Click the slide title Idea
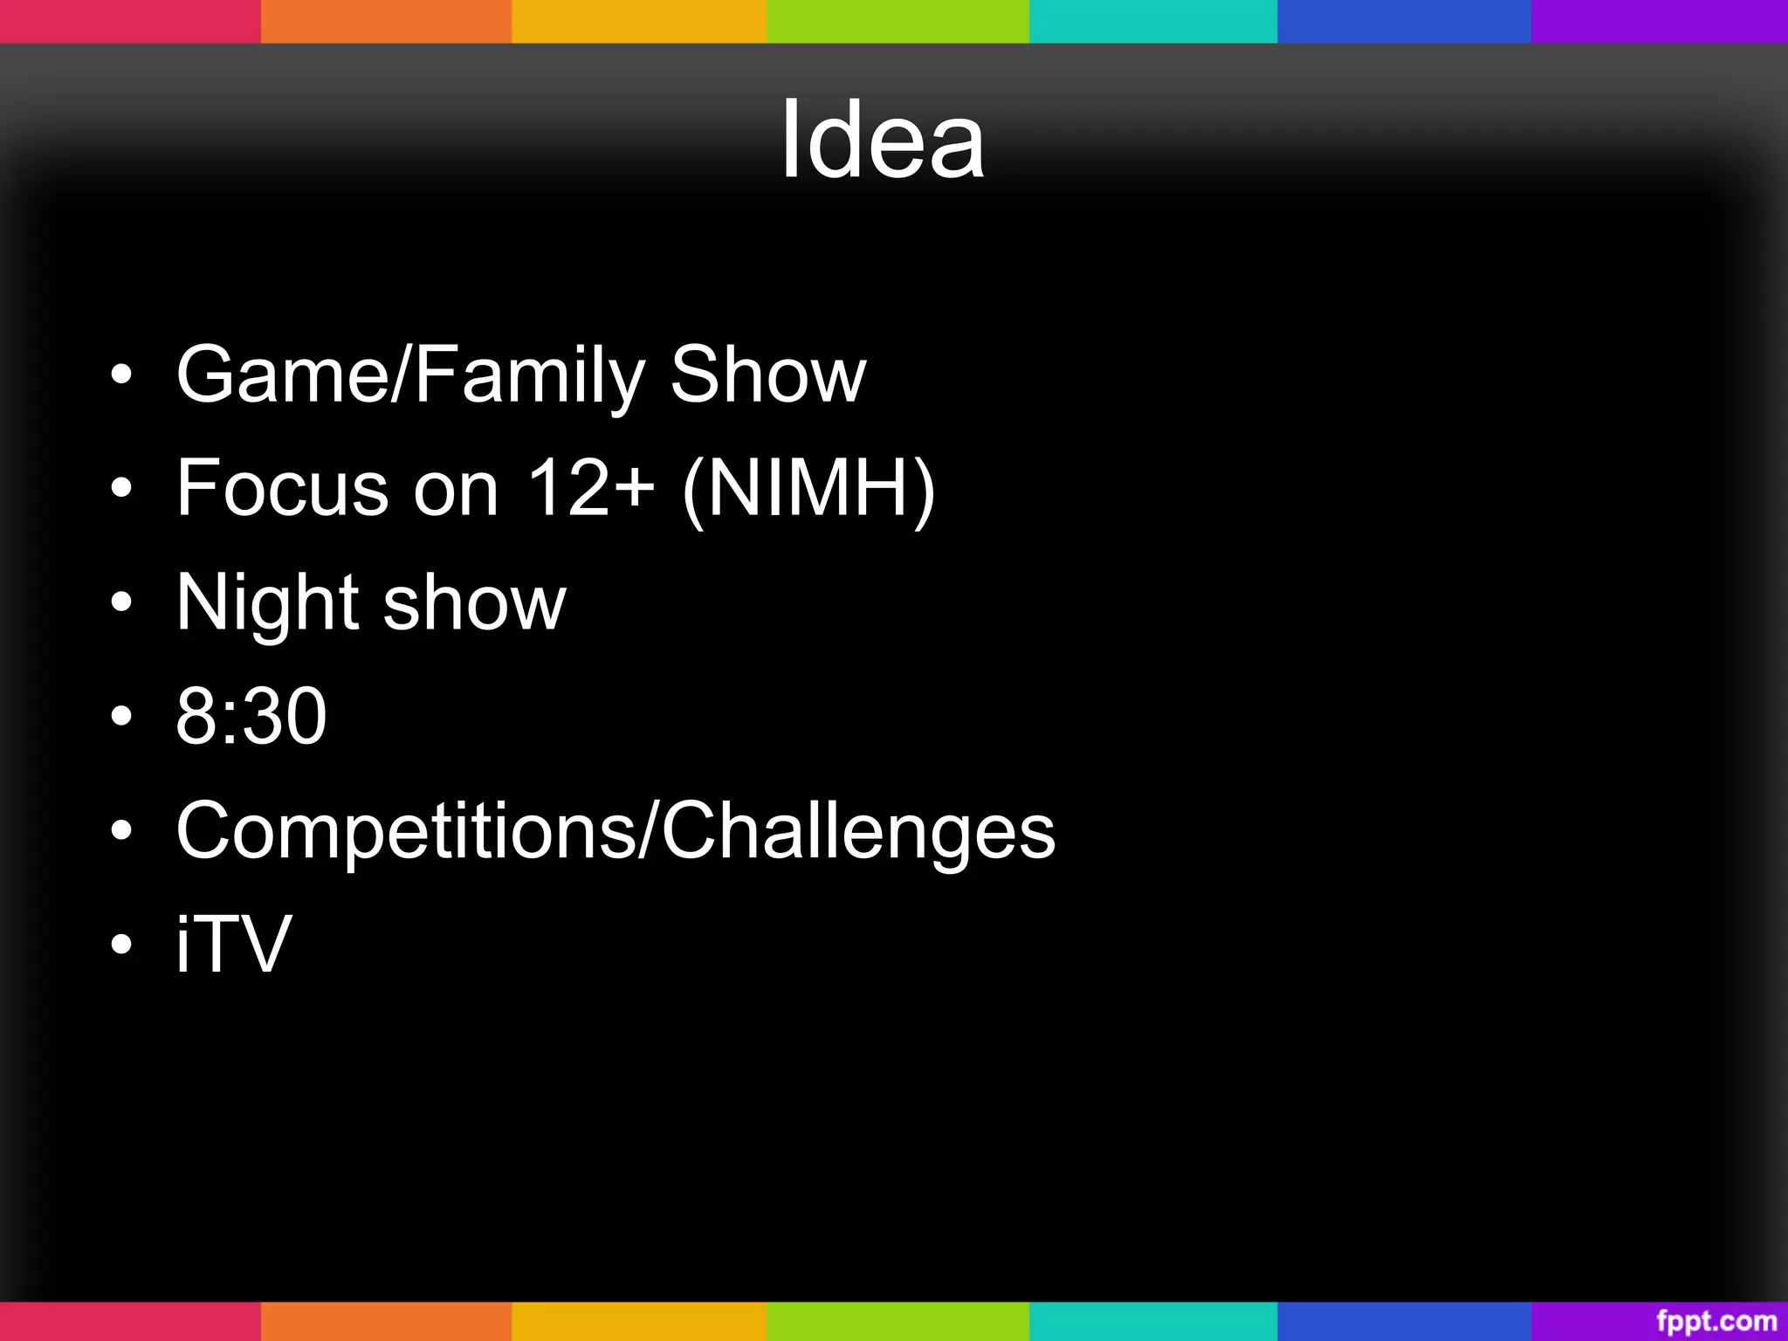(883, 140)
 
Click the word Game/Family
(409, 375)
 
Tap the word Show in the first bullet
(767, 375)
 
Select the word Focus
(282, 488)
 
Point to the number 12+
(591, 488)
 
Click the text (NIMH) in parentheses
(808, 490)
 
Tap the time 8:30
(251, 717)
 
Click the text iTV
(233, 944)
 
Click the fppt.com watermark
(1716, 1320)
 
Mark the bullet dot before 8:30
(122, 717)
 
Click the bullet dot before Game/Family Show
(122, 375)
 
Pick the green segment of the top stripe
(897, 21)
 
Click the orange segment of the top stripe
(385, 21)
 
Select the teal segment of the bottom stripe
(1152, 1321)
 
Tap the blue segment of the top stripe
(1403, 21)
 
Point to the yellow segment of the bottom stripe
(638, 1321)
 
